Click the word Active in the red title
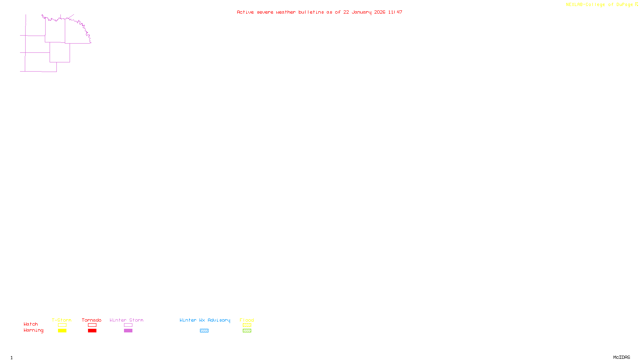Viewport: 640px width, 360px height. [x=245, y=12]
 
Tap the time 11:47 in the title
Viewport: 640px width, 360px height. [x=395, y=12]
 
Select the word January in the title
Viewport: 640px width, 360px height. [x=361, y=12]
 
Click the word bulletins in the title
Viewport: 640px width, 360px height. [x=311, y=12]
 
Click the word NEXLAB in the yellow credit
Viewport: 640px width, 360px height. [x=574, y=5]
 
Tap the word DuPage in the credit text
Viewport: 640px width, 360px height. [x=624, y=5]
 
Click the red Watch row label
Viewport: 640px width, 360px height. [x=31, y=324]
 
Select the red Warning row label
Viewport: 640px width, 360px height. [x=33, y=330]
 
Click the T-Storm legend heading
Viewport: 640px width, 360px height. [x=62, y=320]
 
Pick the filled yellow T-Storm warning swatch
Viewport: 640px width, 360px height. [x=62, y=331]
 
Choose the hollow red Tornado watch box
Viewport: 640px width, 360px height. [x=92, y=325]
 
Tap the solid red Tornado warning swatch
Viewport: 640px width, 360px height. [x=92, y=331]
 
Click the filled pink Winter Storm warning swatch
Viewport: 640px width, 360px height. [x=128, y=331]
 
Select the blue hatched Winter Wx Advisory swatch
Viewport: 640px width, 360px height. [x=204, y=331]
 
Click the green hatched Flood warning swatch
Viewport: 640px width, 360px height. [x=247, y=331]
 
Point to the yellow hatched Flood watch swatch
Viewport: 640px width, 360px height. [x=247, y=325]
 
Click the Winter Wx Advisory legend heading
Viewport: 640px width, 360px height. [x=205, y=320]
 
